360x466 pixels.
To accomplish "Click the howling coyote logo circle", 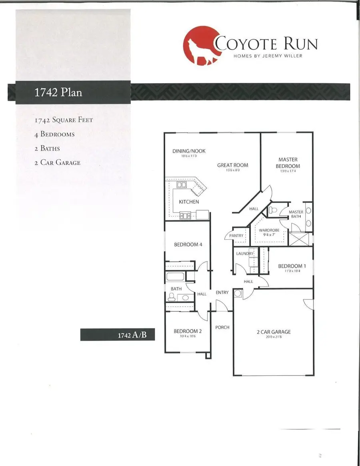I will (200, 45).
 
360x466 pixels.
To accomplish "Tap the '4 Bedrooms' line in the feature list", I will (54, 134).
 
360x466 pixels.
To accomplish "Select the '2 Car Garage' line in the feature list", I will (57, 162).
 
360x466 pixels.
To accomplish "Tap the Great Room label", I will (232, 165).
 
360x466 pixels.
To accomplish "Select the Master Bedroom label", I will (288, 163).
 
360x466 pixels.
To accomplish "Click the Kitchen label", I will (189, 202).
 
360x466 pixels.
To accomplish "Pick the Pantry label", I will (236, 236).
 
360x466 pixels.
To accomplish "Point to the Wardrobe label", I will (268, 231).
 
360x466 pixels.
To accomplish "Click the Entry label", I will (222, 293).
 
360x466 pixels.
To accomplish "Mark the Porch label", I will (222, 327).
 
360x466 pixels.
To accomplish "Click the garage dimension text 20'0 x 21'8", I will (274, 337).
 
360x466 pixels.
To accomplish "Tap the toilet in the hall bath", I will (172, 297).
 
